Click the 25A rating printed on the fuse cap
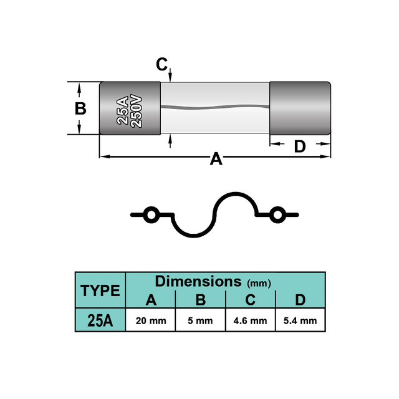(122, 110)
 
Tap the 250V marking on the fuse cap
(136, 111)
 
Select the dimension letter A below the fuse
(216, 159)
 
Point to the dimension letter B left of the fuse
(80, 108)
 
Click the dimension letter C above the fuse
(162, 64)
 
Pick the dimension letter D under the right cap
(300, 147)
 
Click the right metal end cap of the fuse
(300, 108)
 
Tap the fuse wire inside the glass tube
(215, 107)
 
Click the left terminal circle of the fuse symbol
(151, 215)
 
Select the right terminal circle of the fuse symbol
(277, 215)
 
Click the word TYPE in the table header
(100, 291)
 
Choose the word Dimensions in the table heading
(198, 281)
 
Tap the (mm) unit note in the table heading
(259, 283)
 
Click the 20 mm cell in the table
(151, 320)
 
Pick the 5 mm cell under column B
(201, 320)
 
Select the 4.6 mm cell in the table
(251, 320)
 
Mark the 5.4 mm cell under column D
(300, 320)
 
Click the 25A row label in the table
(100, 320)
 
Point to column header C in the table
(251, 300)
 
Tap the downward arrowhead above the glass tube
(170, 77)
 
